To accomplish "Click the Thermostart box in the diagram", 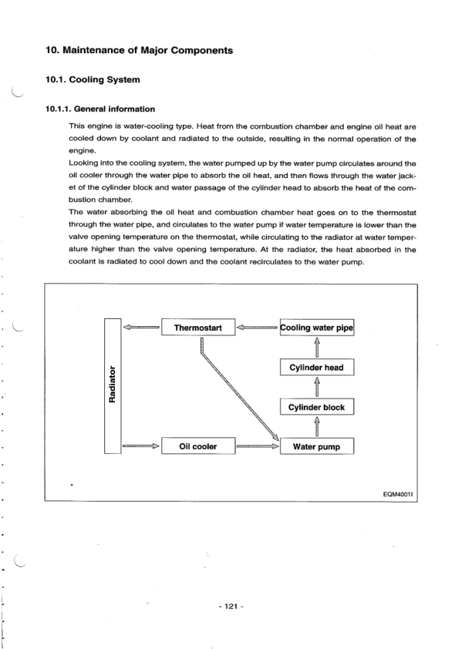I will tap(197, 328).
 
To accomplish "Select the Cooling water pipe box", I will tap(316, 328).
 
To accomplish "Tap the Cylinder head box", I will tap(316, 368).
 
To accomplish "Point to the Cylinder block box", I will tap(316, 407).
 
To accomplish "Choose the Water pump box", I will tap(316, 446).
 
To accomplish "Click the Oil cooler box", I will tap(197, 446).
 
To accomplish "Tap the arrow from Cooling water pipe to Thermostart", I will tap(257, 328).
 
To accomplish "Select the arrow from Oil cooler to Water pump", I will tap(257, 446).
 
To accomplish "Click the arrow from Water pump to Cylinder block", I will tap(316, 426).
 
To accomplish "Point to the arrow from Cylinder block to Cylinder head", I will tap(316, 387).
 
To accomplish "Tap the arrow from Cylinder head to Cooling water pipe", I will tap(316, 348).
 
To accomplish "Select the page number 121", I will tap(231, 607).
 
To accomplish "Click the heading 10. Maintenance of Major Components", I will tap(139, 50).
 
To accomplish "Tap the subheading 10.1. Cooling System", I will tap(93, 79).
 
